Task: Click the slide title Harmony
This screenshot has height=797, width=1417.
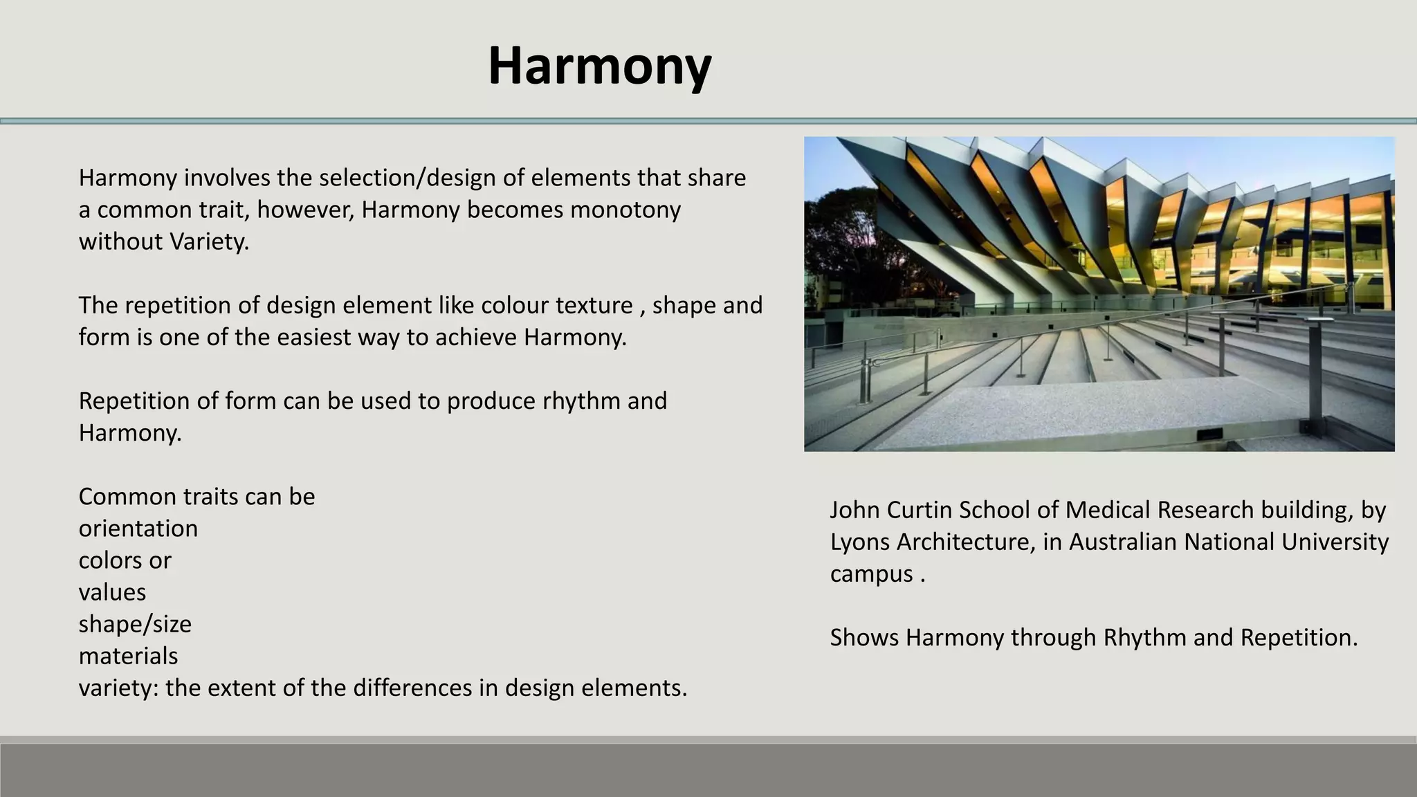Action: tap(599, 66)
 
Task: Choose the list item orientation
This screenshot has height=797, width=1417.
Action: tap(138, 529)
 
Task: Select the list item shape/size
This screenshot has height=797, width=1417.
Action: tap(135, 624)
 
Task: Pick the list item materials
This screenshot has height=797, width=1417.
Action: tap(128, 656)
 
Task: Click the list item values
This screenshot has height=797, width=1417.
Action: tap(112, 592)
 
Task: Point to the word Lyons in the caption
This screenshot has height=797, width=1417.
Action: tap(860, 542)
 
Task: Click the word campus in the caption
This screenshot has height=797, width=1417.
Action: tap(871, 574)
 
